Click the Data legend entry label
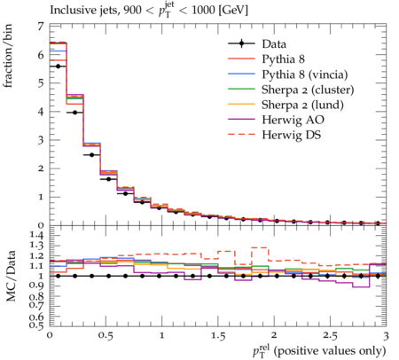pos(274,44)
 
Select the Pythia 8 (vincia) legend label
pos(305,74)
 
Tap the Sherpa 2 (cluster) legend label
pos(308,90)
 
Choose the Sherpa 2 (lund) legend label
pos(302,105)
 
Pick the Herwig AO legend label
pos(293,120)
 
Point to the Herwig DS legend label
pos(292,135)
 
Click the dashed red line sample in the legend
pos(241,134)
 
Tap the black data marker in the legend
pos(241,43)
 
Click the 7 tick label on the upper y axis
pos(41,27)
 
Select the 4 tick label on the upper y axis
pos(41,112)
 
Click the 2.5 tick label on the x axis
pos(330,336)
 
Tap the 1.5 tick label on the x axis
pos(218,336)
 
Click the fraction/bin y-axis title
pos(8,56)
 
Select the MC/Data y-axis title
pos(11,276)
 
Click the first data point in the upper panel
pos(58,67)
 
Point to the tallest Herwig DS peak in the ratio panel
pos(260,247)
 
